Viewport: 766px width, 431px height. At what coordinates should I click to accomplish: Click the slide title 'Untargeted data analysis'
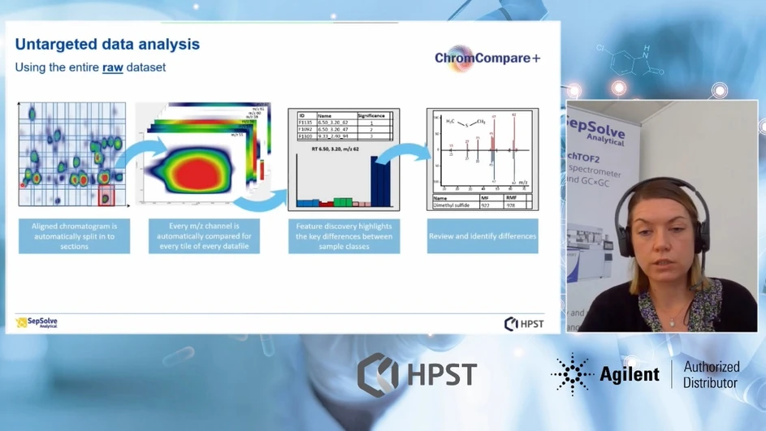(107, 44)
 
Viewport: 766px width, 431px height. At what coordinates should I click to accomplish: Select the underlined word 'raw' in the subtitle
(112, 67)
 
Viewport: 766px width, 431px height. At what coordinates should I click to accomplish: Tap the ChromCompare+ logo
(487, 58)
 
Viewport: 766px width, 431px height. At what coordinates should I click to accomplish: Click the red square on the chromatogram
(106, 195)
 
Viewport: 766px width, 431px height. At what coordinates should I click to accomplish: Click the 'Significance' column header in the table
(371, 116)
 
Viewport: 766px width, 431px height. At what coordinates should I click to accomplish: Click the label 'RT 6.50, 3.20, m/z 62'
(344, 149)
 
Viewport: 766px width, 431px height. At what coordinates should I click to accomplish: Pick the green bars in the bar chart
(343, 201)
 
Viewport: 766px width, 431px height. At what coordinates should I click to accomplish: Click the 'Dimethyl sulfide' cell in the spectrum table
(454, 205)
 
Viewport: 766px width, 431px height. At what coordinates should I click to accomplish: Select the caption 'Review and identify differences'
(483, 236)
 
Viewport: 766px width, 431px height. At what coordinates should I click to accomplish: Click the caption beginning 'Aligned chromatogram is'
(74, 236)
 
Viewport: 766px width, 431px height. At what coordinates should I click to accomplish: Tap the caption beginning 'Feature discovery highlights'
(344, 236)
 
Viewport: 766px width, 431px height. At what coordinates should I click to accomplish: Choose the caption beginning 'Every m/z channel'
(204, 236)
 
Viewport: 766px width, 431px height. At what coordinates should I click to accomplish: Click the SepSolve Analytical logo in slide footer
(37, 322)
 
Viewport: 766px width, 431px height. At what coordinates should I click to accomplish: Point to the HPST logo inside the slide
(524, 324)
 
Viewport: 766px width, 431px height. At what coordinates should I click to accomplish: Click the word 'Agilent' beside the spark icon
(629, 374)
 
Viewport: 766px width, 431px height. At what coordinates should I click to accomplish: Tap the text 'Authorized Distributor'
(711, 374)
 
